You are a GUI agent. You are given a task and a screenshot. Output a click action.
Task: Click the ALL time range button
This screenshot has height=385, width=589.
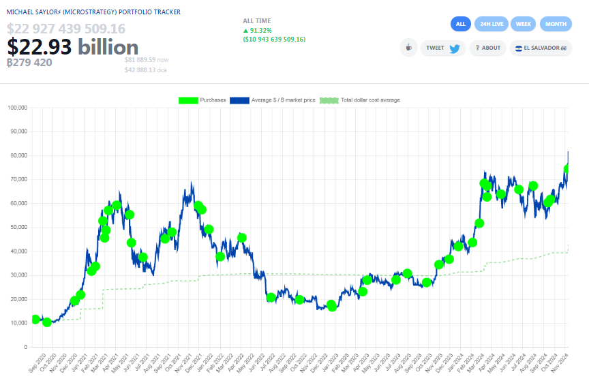[x=461, y=24]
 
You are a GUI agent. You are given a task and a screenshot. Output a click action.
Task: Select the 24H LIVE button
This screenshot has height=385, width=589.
[x=492, y=24]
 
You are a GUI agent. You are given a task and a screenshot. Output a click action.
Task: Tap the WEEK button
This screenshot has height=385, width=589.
[x=523, y=24]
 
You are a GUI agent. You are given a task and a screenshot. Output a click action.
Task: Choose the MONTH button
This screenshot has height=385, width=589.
[x=556, y=24]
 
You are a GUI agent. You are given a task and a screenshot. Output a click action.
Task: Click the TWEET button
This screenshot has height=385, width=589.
[x=442, y=48]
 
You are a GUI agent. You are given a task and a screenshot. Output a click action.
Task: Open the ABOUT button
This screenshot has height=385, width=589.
[x=487, y=48]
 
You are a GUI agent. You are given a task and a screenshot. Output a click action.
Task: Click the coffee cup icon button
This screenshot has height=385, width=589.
[x=408, y=48]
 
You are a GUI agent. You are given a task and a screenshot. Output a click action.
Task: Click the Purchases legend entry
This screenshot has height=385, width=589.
[x=202, y=100]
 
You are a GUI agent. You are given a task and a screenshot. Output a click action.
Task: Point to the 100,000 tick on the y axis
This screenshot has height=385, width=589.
[x=16, y=108]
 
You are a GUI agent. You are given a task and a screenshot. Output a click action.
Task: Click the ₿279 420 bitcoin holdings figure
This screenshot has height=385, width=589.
[x=29, y=63]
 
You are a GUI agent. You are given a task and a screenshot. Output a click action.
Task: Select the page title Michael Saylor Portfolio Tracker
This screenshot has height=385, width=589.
[x=93, y=12]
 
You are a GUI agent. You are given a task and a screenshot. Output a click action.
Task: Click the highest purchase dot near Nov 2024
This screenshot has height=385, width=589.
[x=567, y=169]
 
